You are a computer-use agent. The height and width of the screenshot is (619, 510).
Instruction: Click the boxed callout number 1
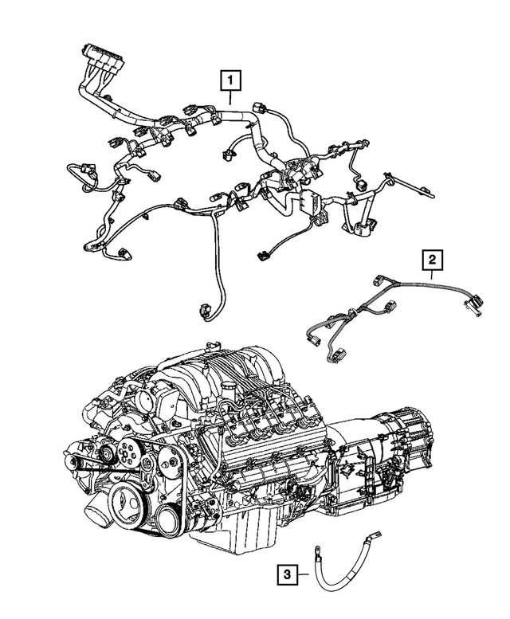229,80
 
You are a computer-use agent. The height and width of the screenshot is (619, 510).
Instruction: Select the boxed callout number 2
431,260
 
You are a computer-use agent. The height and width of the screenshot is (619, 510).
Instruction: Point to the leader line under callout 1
229,98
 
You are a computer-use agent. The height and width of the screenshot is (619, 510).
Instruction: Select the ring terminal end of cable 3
317,548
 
